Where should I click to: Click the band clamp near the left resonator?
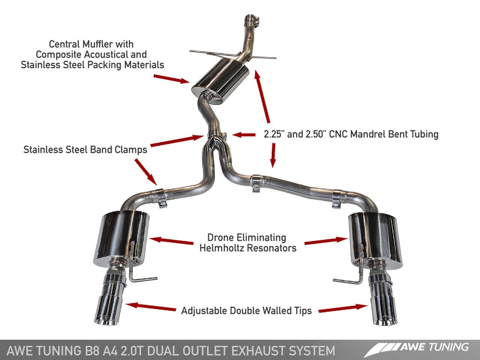tap(161, 197)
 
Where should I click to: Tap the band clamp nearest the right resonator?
tap(337, 198)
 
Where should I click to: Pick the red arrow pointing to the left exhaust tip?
tap(151, 307)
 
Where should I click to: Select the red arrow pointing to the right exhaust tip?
tap(342, 308)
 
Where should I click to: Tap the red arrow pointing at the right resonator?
tap(325, 241)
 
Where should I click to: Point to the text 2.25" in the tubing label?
tap(274, 135)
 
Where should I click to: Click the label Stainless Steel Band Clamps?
tap(85, 150)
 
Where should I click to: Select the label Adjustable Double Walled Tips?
tap(246, 310)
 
